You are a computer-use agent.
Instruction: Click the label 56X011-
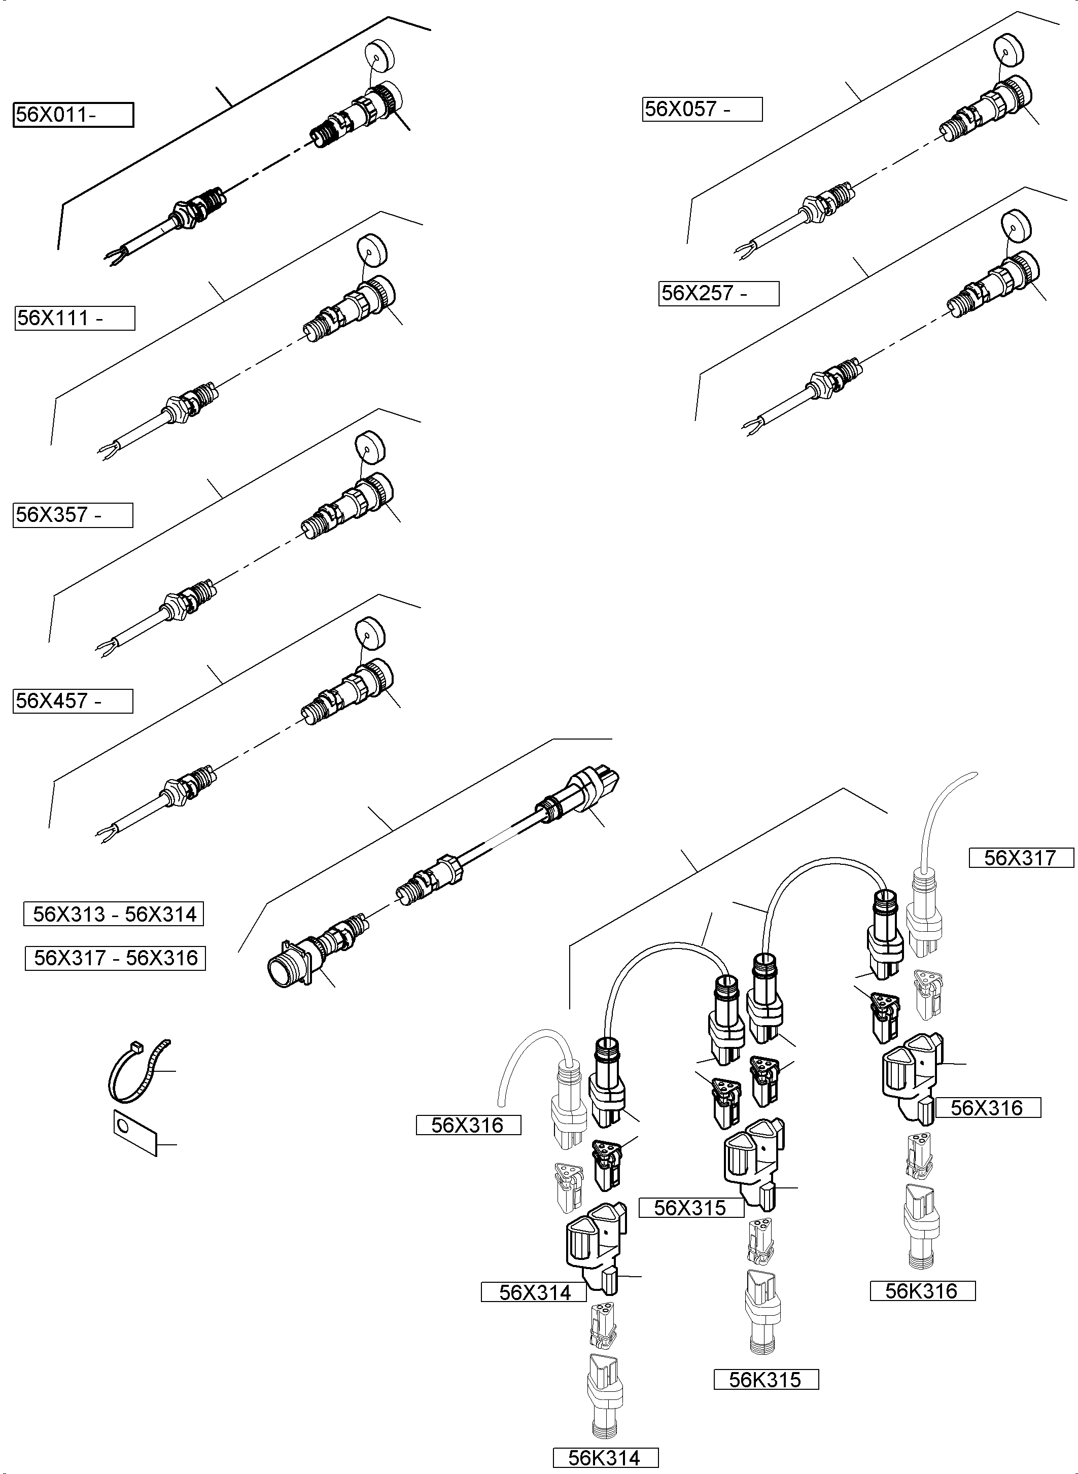tap(73, 115)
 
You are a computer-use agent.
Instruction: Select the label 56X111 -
tap(75, 319)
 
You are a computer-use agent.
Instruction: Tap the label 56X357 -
tap(73, 515)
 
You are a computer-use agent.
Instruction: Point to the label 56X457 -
tap(73, 701)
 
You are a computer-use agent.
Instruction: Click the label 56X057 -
tap(702, 109)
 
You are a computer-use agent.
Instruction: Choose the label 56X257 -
tap(718, 293)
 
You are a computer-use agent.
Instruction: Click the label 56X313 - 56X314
tap(114, 914)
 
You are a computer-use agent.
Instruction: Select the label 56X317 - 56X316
tap(116, 958)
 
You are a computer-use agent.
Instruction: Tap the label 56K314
tap(605, 1458)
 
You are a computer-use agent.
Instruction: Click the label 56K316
tap(922, 1291)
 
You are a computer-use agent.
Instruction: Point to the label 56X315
tap(690, 1208)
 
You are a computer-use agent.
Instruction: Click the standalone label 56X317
tap(1021, 857)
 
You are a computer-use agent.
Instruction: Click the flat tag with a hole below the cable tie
tap(135, 1132)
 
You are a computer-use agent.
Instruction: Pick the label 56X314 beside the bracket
tap(534, 1292)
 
